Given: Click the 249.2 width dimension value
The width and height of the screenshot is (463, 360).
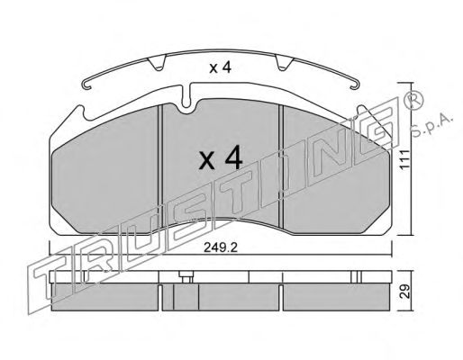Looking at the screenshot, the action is point(221,247).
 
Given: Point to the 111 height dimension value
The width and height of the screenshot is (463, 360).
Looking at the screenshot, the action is point(405,160).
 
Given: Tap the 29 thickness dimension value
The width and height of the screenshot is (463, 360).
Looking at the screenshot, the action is point(405,292).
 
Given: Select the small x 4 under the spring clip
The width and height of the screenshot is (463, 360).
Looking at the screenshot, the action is point(221,68).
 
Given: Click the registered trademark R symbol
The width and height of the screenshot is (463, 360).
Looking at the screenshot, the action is point(414,99).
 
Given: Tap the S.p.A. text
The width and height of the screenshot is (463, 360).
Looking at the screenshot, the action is point(431,125).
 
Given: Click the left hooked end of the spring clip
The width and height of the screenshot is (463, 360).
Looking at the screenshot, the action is point(86,85).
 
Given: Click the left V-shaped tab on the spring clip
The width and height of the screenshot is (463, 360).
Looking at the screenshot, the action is point(158,64).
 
